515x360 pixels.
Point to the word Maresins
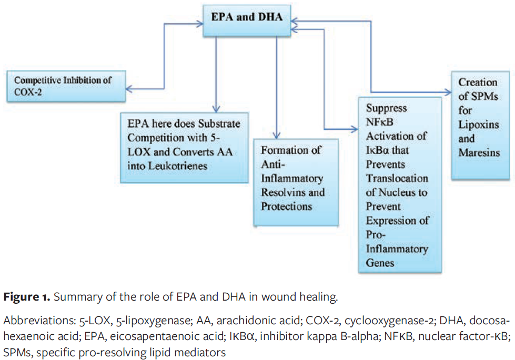coord(479,153)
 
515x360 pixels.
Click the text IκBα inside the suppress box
coord(379,150)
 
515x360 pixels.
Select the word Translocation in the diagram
coord(397,178)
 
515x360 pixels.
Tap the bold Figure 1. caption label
coord(27,297)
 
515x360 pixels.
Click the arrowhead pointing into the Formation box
coord(276,135)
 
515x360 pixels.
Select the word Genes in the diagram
coord(379,262)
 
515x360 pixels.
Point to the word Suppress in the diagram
coord(386,108)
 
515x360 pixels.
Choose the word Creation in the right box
coord(478,82)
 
